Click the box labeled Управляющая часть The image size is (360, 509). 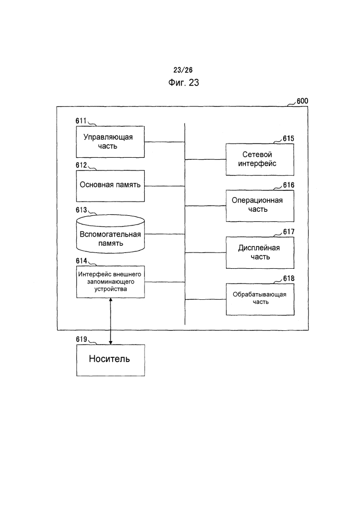[110, 142]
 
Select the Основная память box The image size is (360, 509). [110, 186]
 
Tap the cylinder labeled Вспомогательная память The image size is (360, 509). [110, 234]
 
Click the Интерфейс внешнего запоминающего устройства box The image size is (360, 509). [110, 282]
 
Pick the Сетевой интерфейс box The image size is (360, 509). [260, 159]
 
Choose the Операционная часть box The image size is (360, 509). [260, 206]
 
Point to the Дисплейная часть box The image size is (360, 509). [260, 252]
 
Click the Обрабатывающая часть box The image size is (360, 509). [260, 299]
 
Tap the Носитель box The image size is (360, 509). [110, 360]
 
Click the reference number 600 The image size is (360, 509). [302, 101]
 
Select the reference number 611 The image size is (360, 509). [81, 121]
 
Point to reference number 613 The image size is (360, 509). [81, 210]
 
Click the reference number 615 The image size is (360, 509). [288, 138]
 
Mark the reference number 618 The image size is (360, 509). [289, 278]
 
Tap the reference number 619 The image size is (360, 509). [81, 339]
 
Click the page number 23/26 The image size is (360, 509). [183, 70]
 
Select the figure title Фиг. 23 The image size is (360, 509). [183, 82]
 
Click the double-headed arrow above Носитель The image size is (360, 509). [110, 321]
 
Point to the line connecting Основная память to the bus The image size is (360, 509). [164, 186]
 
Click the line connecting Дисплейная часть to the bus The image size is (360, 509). [206, 252]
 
